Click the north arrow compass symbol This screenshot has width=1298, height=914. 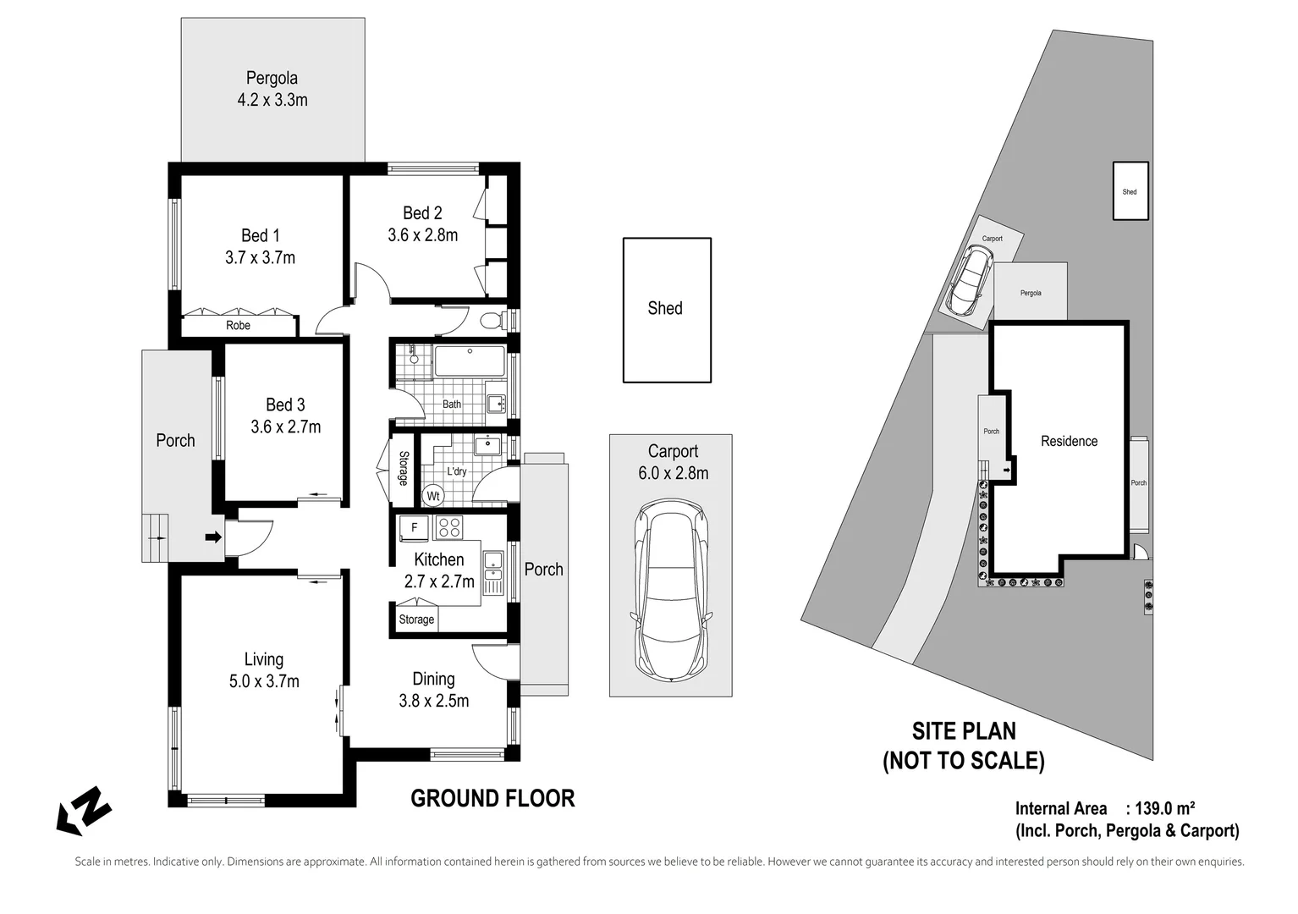[85, 811]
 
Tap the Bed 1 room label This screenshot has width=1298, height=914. [260, 246]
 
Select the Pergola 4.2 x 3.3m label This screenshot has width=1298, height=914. [272, 89]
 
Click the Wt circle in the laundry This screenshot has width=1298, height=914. [433, 495]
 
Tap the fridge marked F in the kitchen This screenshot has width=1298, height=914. [415, 528]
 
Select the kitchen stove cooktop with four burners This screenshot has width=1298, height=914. [449, 528]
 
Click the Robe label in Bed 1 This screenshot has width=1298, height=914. [238, 325]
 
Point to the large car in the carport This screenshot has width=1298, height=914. [670, 589]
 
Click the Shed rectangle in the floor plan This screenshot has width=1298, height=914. [666, 310]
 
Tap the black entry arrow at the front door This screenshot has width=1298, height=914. [212, 537]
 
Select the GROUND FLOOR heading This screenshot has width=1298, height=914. [492, 798]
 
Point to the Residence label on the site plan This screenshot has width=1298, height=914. [1069, 441]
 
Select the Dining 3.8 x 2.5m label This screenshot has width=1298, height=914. [433, 690]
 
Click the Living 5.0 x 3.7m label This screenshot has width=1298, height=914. [264, 670]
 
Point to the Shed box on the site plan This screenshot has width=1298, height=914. [1130, 191]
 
